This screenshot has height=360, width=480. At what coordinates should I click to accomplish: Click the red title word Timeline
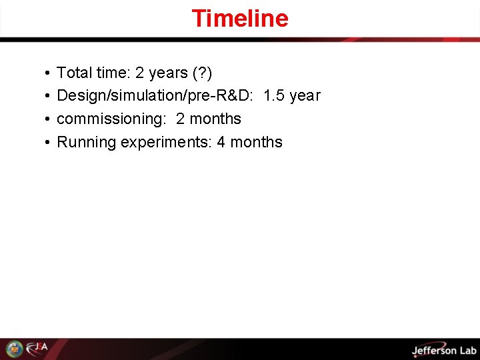pyautogui.click(x=240, y=18)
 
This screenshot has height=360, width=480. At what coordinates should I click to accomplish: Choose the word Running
pyautogui.click(x=86, y=142)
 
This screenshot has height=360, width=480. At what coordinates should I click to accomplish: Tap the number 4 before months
pyautogui.click(x=221, y=142)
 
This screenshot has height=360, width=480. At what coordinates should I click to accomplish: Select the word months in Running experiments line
pyautogui.click(x=256, y=142)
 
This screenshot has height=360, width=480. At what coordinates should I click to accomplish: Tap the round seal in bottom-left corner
pyautogui.click(x=14, y=349)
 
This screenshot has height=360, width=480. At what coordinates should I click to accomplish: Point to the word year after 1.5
pyautogui.click(x=305, y=95)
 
